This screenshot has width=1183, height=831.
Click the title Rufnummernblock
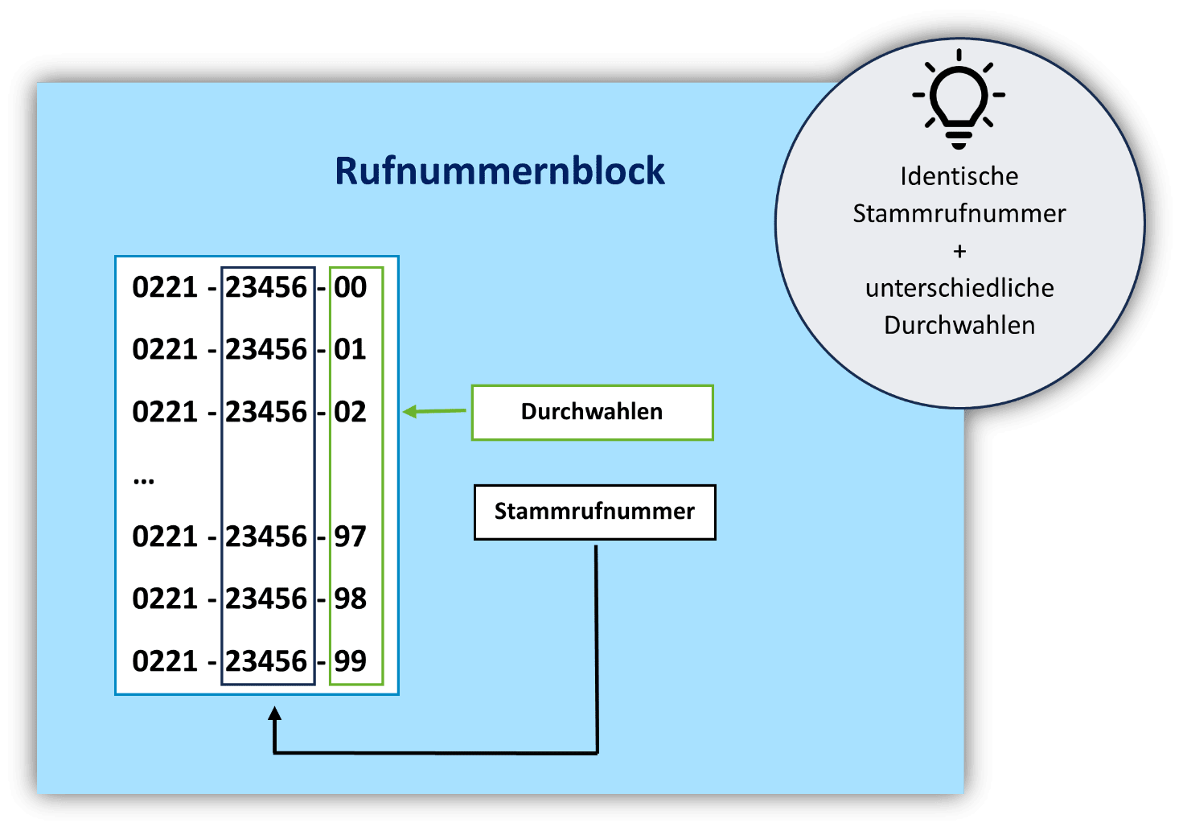[x=499, y=171]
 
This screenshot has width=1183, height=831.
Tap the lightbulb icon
[x=959, y=98]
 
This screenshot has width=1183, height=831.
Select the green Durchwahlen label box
[x=592, y=412]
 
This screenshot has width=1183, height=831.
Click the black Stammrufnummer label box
[x=594, y=512]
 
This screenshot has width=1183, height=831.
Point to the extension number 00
[x=351, y=287]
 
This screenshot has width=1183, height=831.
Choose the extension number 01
[x=351, y=349]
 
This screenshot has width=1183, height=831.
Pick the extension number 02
[x=351, y=412]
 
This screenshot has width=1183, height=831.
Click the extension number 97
[x=351, y=537]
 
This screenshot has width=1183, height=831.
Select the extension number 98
[x=351, y=599]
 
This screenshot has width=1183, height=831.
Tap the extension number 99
[x=351, y=661]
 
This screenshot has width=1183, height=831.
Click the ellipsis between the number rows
[x=144, y=481]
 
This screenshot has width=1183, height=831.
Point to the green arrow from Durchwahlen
[x=434, y=411]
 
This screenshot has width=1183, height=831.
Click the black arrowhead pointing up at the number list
[x=275, y=714]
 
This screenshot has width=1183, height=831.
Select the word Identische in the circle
[x=959, y=176]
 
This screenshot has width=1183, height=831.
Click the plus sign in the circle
[x=959, y=251]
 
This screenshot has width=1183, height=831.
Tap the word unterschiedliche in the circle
[x=959, y=288]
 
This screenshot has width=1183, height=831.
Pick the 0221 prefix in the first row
[x=165, y=287]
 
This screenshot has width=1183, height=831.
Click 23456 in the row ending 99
[x=266, y=661]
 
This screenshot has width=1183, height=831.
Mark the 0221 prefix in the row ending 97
[x=165, y=537]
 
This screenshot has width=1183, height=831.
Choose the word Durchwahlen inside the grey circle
[x=959, y=325]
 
